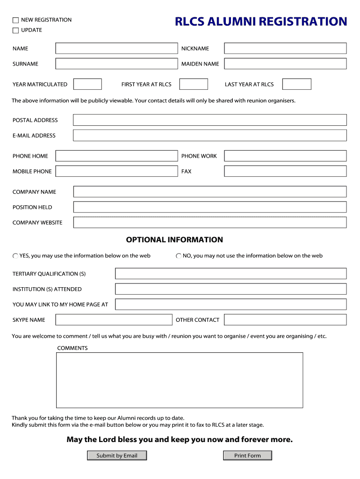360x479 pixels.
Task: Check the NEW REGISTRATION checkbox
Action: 15,20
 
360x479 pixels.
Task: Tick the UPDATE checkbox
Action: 15,30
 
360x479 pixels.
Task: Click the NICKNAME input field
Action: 285,49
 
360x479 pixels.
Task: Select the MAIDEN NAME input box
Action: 285,64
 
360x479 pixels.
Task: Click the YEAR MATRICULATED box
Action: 88,84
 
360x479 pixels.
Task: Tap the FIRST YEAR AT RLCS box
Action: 194,84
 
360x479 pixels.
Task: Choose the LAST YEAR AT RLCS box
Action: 297,84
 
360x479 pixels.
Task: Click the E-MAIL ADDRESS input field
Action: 210,136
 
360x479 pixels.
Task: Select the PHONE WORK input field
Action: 285,156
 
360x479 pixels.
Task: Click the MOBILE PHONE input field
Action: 116,172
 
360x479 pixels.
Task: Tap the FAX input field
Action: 285,172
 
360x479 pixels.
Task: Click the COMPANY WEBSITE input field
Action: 210,223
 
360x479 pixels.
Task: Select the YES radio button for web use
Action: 15,256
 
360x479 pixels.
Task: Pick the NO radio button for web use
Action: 179,256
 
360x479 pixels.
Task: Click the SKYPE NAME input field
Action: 114,320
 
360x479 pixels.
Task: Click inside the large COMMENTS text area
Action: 180,380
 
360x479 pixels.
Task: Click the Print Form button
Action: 247,456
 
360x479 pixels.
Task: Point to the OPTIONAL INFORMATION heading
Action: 174,240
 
